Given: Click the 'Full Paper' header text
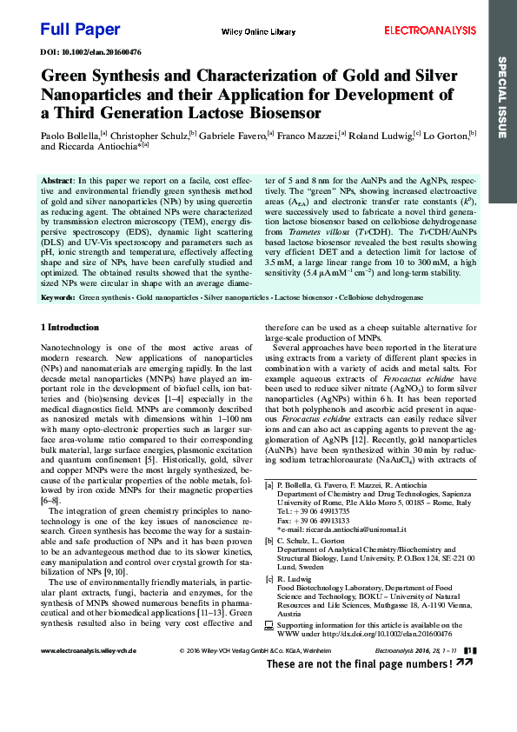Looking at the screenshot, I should [80, 30].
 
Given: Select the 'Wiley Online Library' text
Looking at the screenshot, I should [258, 31].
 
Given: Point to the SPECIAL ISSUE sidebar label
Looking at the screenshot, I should [501, 96].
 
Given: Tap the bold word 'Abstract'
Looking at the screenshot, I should [57, 178].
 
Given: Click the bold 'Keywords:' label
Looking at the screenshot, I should [58, 297].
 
